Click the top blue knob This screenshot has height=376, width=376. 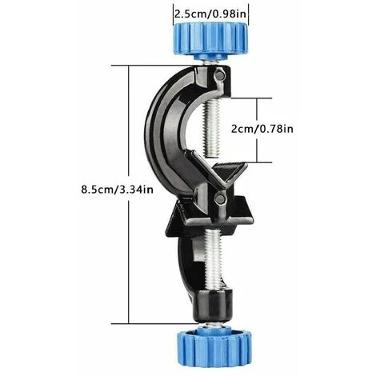tap(210, 40)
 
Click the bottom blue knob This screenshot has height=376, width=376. tap(214, 347)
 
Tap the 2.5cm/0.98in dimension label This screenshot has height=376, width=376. tap(210, 14)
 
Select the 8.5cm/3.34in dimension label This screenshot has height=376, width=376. tap(118, 190)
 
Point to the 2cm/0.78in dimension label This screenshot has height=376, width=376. tap(262, 129)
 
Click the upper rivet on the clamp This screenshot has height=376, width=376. tap(220, 76)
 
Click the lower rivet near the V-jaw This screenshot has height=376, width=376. tap(220, 198)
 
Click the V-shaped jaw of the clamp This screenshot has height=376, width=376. tap(218, 174)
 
